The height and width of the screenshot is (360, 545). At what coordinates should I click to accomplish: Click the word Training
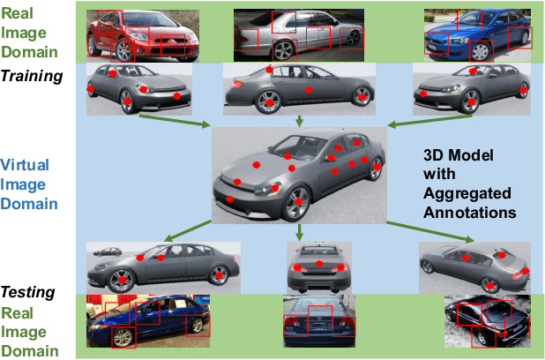pyautogui.click(x=32, y=76)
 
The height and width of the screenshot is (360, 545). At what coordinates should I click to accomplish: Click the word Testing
pyautogui.click(x=28, y=292)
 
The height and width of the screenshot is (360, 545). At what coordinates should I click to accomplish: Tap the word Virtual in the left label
pyautogui.click(x=25, y=165)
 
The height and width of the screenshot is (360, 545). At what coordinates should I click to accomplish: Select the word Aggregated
pyautogui.click(x=467, y=194)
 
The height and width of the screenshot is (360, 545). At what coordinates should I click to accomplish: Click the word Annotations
pyautogui.click(x=469, y=213)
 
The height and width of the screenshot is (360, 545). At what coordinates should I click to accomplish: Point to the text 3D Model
pyautogui.click(x=458, y=155)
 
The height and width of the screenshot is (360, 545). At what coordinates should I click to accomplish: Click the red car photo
pyautogui.click(x=143, y=36)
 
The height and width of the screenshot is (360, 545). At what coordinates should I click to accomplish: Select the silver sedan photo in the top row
pyautogui.click(x=299, y=35)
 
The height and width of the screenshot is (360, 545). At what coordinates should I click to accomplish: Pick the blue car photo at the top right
pyautogui.click(x=477, y=36)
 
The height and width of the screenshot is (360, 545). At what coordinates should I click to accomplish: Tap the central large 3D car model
pyautogui.click(x=299, y=176)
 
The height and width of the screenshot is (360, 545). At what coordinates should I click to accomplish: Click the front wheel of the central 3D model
pyautogui.click(x=296, y=203)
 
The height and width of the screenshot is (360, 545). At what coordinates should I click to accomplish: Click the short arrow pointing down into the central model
pyautogui.click(x=299, y=121)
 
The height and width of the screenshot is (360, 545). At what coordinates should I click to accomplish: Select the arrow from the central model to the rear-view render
pyautogui.click(x=299, y=232)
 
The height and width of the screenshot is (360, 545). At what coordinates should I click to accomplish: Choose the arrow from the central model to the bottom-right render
pyautogui.click(x=430, y=231)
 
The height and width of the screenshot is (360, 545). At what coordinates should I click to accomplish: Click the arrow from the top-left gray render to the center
pyautogui.click(x=175, y=121)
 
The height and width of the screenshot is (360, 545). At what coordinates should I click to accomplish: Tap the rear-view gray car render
pyautogui.click(x=319, y=268)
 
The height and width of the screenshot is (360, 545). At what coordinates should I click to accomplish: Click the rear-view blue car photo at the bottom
pyautogui.click(x=319, y=321)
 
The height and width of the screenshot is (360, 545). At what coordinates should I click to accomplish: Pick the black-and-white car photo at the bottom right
pyautogui.click(x=488, y=321)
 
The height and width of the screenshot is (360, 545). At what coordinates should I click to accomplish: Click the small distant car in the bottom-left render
pyautogui.click(x=108, y=251)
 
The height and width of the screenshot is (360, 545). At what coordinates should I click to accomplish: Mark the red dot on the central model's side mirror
pyautogui.click(x=331, y=159)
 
